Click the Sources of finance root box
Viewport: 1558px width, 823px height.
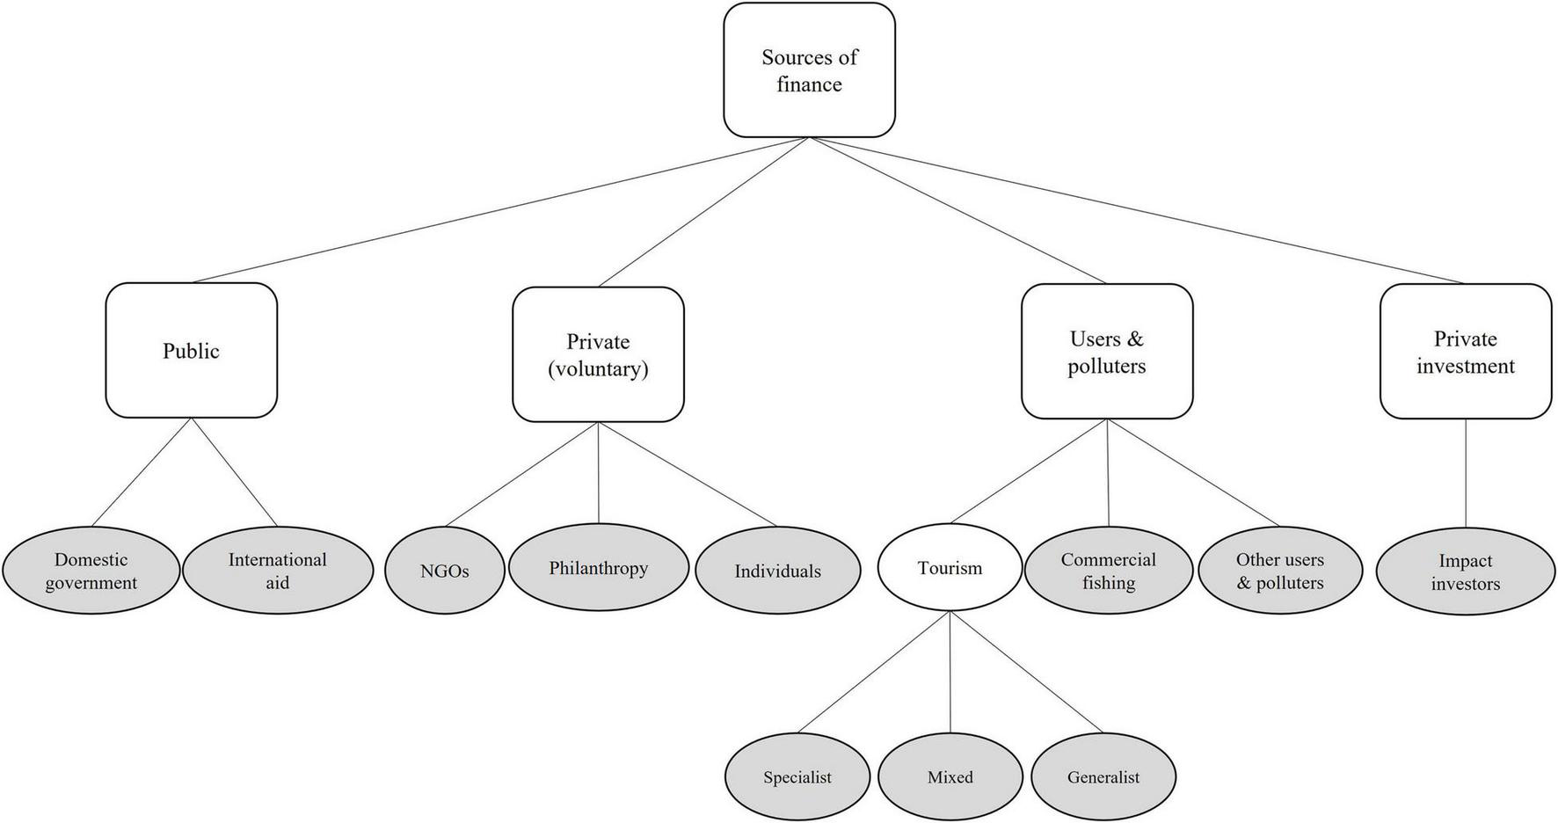pyautogui.click(x=809, y=70)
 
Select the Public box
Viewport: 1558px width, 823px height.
pyautogui.click(x=191, y=350)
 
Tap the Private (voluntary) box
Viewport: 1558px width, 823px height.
pyautogui.click(x=598, y=354)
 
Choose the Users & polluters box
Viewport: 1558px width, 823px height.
pyautogui.click(x=1106, y=352)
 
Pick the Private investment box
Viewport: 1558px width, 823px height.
pyautogui.click(x=1465, y=352)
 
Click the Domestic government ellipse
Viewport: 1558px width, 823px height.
pyautogui.click(x=91, y=571)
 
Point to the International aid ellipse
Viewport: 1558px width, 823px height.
pyautogui.click(x=277, y=571)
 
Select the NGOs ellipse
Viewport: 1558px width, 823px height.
pyautogui.click(x=445, y=571)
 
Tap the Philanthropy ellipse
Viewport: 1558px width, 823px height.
pyautogui.click(x=599, y=568)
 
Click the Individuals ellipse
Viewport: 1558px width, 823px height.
pyautogui.click(x=777, y=571)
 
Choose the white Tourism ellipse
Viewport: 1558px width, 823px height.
pyautogui.click(x=950, y=568)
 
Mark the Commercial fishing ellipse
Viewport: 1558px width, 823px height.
pyautogui.click(x=1108, y=571)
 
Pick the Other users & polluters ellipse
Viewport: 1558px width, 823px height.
pyautogui.click(x=1279, y=571)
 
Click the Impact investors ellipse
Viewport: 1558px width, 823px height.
pyautogui.click(x=1465, y=572)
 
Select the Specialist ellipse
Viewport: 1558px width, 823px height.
pyautogui.click(x=797, y=776)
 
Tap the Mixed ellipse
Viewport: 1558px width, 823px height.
pyautogui.click(x=950, y=776)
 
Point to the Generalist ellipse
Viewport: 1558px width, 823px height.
pyautogui.click(x=1103, y=776)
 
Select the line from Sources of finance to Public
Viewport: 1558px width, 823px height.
pyautogui.click(x=501, y=209)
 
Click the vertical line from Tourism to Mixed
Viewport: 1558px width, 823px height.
pyautogui.click(x=950, y=673)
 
